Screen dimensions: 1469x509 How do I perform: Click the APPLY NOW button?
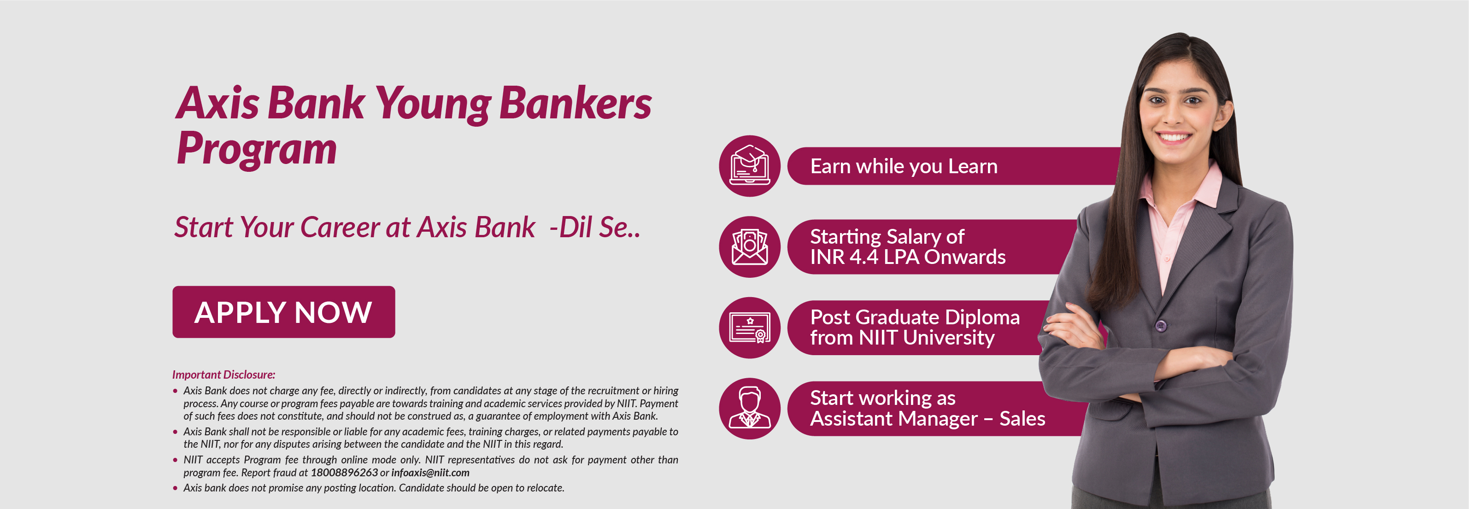pos(283,312)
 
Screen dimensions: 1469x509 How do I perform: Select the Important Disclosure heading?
pos(223,374)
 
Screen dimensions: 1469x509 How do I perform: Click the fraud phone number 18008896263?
pos(344,473)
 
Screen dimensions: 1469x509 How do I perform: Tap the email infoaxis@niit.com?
pos(430,473)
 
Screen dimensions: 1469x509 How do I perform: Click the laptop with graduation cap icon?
pos(750,166)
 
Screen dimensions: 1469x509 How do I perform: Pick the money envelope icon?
pos(750,247)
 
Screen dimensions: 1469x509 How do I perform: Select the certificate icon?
pos(750,328)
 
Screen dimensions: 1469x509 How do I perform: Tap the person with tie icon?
pos(750,408)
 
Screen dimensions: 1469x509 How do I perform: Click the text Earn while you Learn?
pos(904,166)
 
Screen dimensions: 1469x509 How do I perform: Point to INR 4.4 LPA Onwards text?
pos(908,257)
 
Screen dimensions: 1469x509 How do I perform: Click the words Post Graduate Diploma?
pos(915,317)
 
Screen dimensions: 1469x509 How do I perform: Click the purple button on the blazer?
pos(1160,326)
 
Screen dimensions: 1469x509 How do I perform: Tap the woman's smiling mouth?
pos(1174,137)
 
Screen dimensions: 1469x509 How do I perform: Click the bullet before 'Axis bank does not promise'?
pos(175,488)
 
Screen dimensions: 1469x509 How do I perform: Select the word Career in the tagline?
pos(340,228)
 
